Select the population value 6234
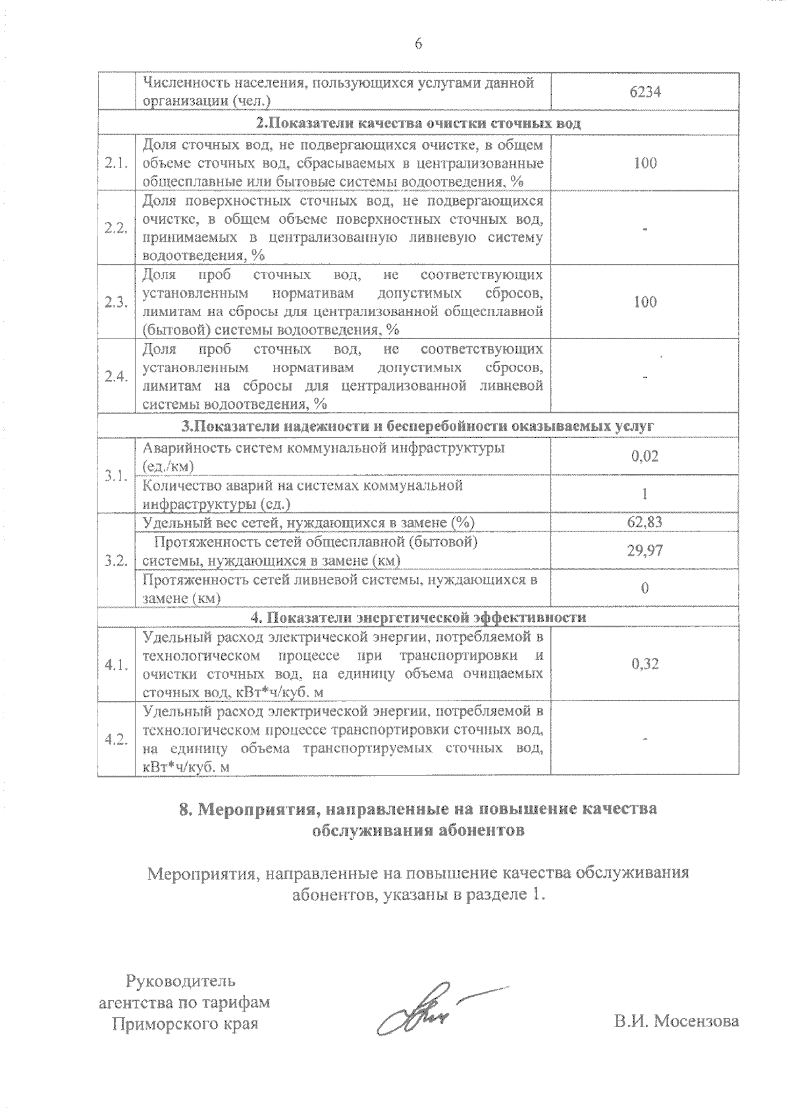[645, 92]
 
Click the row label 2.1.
[116, 163]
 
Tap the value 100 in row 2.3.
[645, 302]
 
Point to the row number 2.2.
[116, 228]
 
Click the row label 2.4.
[116, 377]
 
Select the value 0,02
[645, 456]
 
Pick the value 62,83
[645, 523]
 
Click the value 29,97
[645, 550]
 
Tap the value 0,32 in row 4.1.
[645, 664]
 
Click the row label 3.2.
[116, 560]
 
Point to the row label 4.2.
[116, 739]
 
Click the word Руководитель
[180, 982]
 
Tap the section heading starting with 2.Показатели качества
[418, 124]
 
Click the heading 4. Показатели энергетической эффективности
[418, 617]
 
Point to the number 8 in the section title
[185, 809]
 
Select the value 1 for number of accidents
[645, 494]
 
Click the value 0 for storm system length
[645, 588]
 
